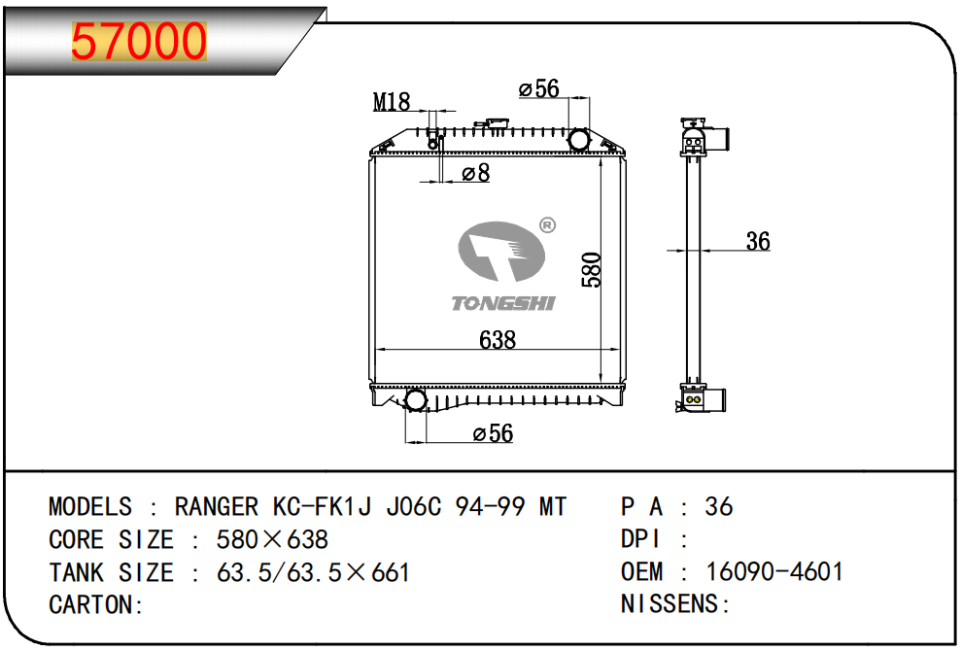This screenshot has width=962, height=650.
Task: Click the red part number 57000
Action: [140, 42]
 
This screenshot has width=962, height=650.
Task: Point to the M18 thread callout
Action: [393, 101]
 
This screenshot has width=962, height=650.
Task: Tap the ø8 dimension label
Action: [475, 173]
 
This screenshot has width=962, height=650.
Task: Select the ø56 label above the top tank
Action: [539, 89]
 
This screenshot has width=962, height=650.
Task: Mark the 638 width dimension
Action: [498, 340]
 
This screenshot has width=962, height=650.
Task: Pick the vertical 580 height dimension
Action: [592, 269]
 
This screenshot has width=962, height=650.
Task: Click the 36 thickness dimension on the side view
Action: [757, 241]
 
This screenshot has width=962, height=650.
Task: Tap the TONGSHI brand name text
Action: [503, 304]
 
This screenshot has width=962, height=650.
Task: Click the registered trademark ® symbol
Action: [546, 225]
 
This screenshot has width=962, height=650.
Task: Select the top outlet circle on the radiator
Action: [579, 140]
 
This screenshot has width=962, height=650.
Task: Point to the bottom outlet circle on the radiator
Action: [415, 400]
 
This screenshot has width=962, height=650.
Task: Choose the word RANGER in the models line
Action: [216, 507]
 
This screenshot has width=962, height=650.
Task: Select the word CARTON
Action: [93, 604]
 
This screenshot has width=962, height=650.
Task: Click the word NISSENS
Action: [671, 604]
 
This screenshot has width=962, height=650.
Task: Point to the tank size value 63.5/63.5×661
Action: [312, 571]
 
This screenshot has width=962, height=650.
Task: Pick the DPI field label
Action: [642, 539]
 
